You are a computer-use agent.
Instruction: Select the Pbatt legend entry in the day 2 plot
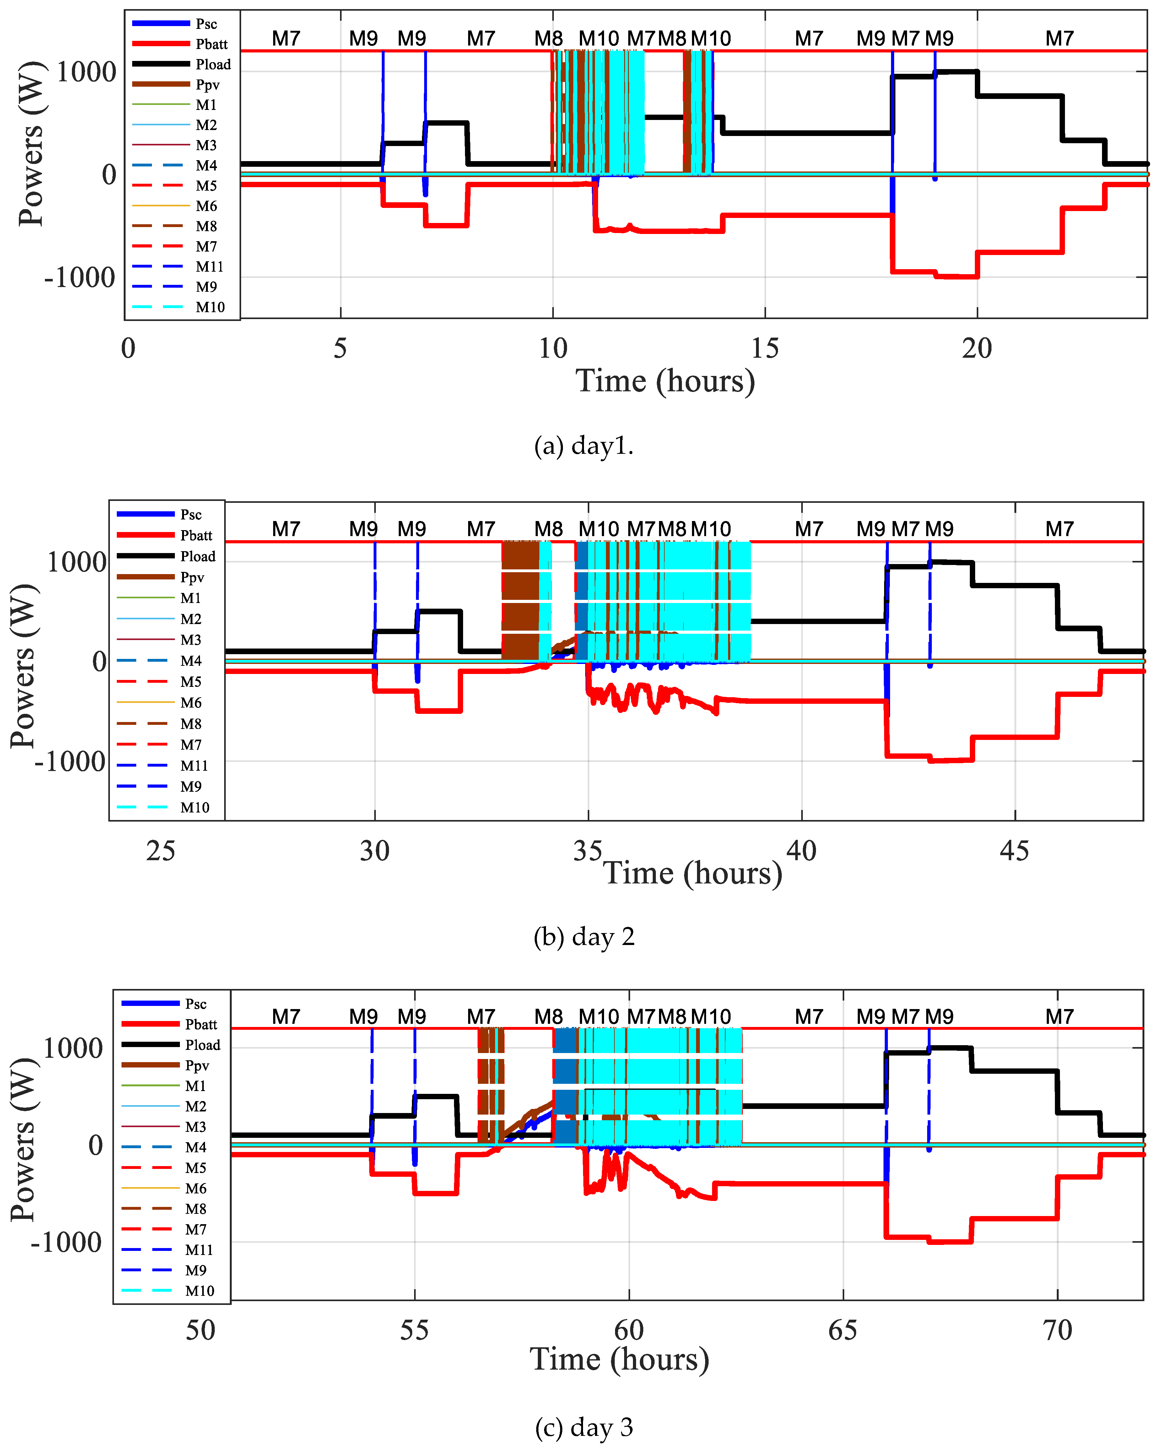196,535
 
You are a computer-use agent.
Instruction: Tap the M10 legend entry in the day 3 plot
200,1290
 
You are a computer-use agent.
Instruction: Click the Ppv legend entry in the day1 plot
207,85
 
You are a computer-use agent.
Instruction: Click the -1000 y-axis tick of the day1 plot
79,277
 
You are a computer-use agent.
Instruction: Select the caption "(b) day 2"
583,936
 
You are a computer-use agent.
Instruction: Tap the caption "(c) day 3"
583,1426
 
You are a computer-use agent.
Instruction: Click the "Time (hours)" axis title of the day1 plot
665,381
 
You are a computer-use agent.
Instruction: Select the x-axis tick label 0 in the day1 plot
128,348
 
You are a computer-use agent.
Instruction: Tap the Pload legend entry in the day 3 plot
203,1045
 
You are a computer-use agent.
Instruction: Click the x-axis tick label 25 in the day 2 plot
161,851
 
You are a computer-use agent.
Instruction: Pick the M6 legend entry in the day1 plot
206,206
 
